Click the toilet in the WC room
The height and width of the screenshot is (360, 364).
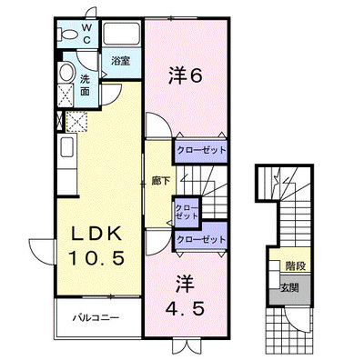click(x=67, y=34)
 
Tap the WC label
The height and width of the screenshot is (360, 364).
click(x=86, y=34)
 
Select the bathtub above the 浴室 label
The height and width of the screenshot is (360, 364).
click(x=121, y=33)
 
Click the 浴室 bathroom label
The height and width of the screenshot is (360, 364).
click(x=120, y=61)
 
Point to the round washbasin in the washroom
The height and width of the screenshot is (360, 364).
click(x=66, y=72)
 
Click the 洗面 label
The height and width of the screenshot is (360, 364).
click(x=85, y=85)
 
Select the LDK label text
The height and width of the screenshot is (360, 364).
click(x=96, y=234)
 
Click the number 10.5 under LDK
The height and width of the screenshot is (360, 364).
click(x=96, y=258)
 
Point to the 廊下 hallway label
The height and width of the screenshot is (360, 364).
click(x=160, y=181)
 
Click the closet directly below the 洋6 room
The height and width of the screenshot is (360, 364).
click(x=201, y=150)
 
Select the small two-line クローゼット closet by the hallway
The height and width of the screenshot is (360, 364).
click(x=187, y=212)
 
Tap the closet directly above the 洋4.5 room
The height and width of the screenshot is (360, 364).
click(x=201, y=239)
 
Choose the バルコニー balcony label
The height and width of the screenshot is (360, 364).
click(x=96, y=318)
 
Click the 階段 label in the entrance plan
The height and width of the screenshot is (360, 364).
click(x=296, y=266)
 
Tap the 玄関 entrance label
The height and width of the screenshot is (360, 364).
click(x=289, y=287)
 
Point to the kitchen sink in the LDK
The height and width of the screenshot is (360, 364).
click(x=67, y=146)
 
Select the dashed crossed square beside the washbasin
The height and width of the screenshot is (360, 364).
click(x=66, y=95)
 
